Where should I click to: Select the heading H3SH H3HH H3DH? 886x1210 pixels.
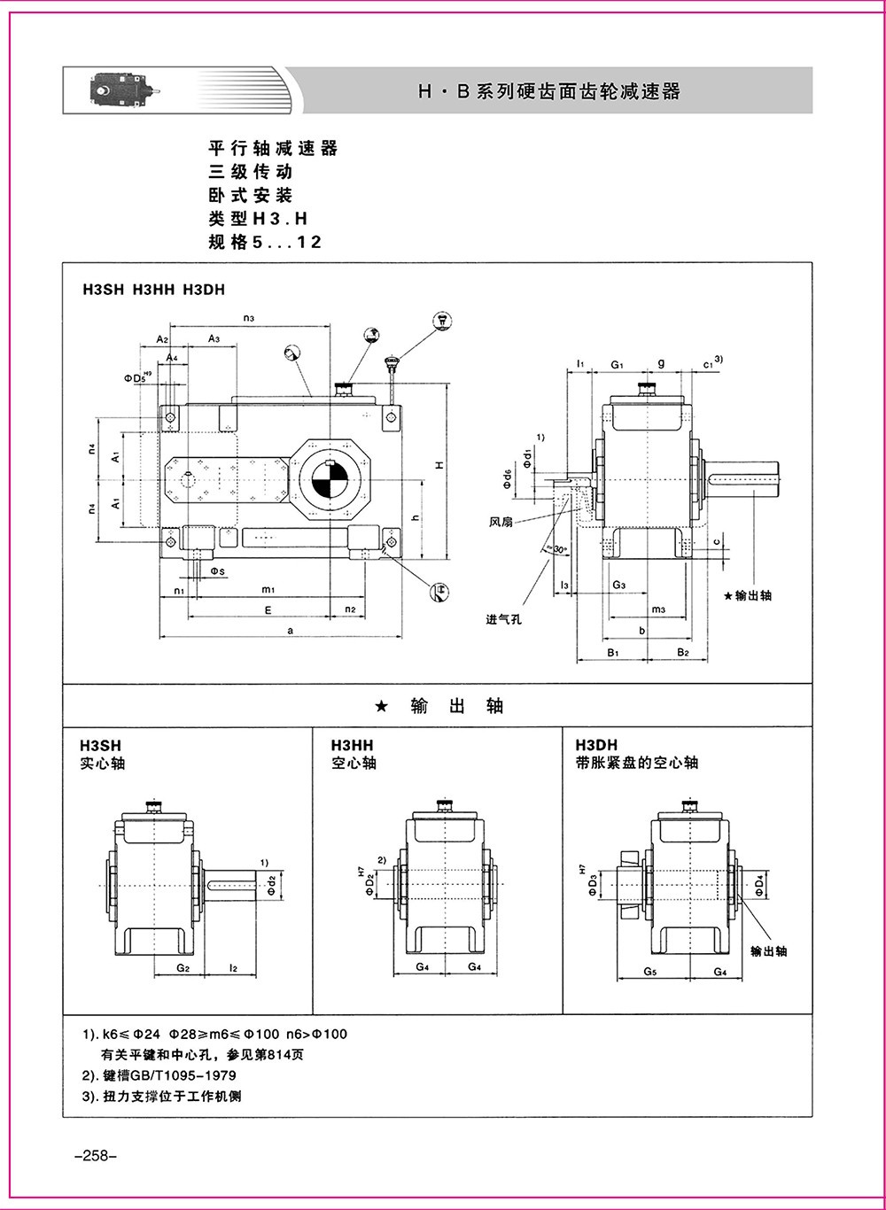click(159, 289)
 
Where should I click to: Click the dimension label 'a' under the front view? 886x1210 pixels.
click(290, 630)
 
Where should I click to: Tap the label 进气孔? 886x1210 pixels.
click(503, 618)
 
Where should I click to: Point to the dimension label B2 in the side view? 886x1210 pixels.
click(683, 652)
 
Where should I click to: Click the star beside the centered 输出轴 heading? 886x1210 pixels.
click(380, 706)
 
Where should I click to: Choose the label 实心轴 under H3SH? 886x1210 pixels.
click(103, 762)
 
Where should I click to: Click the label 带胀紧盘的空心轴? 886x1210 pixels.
click(636, 762)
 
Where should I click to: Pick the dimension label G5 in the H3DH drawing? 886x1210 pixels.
click(649, 971)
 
